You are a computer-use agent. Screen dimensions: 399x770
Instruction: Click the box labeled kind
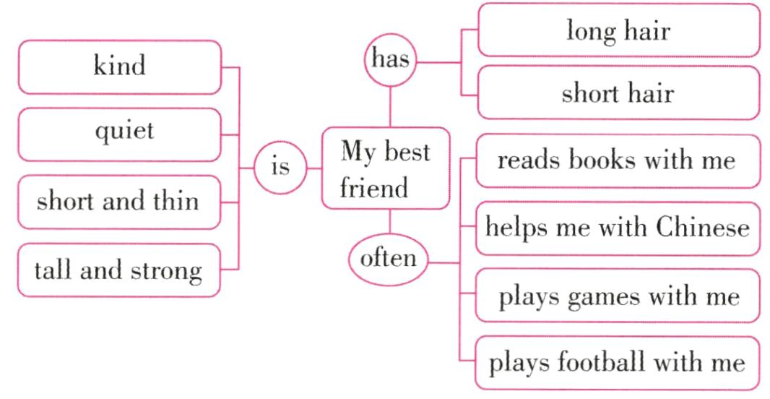[119, 67]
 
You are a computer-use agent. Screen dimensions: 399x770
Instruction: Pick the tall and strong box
[119, 270]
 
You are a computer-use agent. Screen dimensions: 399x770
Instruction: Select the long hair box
[618, 31]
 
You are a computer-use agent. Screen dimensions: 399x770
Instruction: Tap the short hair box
[618, 93]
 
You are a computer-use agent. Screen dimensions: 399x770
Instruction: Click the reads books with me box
[616, 160]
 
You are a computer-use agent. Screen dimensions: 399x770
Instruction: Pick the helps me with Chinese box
[616, 228]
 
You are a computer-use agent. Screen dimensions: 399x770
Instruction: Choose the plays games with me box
[616, 296]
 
